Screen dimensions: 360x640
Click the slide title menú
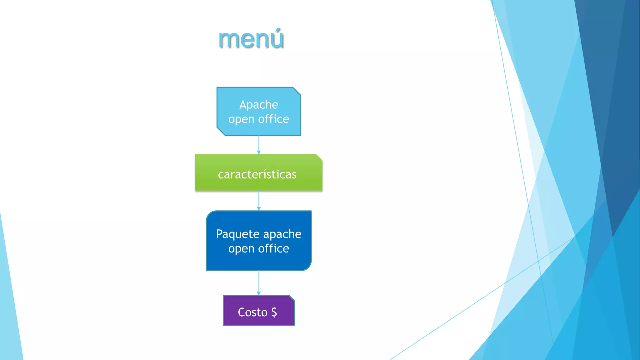(x=251, y=39)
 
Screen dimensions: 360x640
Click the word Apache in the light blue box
(x=258, y=104)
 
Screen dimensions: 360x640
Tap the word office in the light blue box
(x=273, y=119)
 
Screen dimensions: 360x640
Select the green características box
(x=258, y=172)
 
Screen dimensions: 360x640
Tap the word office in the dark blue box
(x=273, y=249)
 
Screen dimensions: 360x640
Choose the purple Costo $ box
(x=258, y=311)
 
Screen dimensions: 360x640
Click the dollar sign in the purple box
(x=274, y=312)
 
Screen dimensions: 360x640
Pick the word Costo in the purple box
(x=252, y=312)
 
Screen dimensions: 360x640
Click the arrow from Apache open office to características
(x=259, y=145)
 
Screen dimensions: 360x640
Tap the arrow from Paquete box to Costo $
(x=259, y=283)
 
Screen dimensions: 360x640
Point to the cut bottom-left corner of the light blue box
(x=221, y=132)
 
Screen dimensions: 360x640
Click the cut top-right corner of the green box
(x=319, y=157)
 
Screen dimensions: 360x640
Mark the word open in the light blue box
(x=241, y=119)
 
